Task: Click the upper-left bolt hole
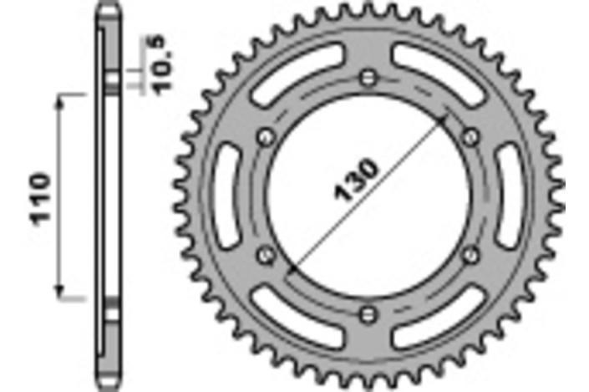coord(266,137)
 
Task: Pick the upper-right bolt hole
coord(470,137)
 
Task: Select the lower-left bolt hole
coord(266,254)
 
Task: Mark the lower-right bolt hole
coord(470,254)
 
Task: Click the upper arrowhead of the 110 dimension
coord(60,101)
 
